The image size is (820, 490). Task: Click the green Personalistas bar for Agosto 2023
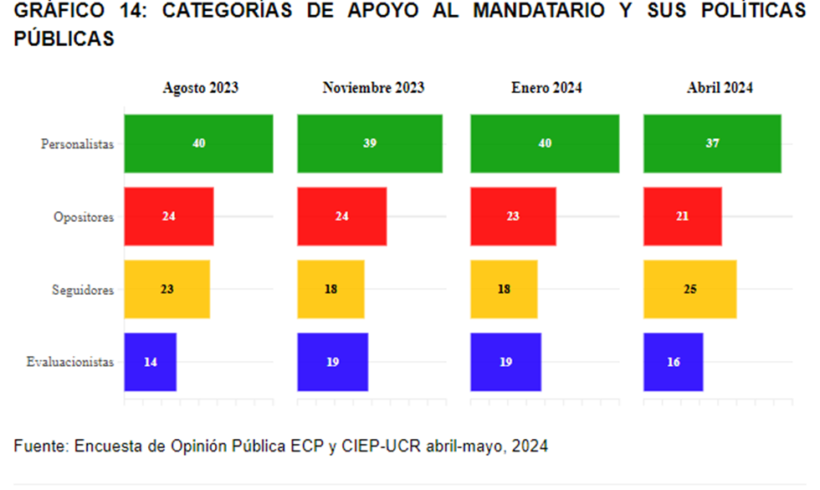coord(198,143)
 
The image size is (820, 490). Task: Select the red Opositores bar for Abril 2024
coord(682,216)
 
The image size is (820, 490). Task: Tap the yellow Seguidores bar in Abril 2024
coord(689,290)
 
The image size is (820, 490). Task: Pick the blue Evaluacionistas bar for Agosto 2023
coord(150,362)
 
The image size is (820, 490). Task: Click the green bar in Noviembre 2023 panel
coord(370,143)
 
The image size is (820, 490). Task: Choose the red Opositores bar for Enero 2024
coord(513,216)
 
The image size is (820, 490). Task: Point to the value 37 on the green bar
coord(712,143)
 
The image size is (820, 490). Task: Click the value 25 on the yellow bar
coord(689,290)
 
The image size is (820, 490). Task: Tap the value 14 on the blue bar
coord(151,363)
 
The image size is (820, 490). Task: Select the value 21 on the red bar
coord(682,216)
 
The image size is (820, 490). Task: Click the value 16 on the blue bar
coord(674,363)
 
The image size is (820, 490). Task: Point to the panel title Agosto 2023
coord(200,87)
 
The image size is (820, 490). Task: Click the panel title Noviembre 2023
coord(373,87)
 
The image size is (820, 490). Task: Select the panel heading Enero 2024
coord(546,87)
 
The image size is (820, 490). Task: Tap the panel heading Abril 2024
coord(720,87)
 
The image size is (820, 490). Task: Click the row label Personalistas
coord(77,144)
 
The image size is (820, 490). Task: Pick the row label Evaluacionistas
coord(70,363)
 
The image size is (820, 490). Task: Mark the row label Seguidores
coord(83,290)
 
